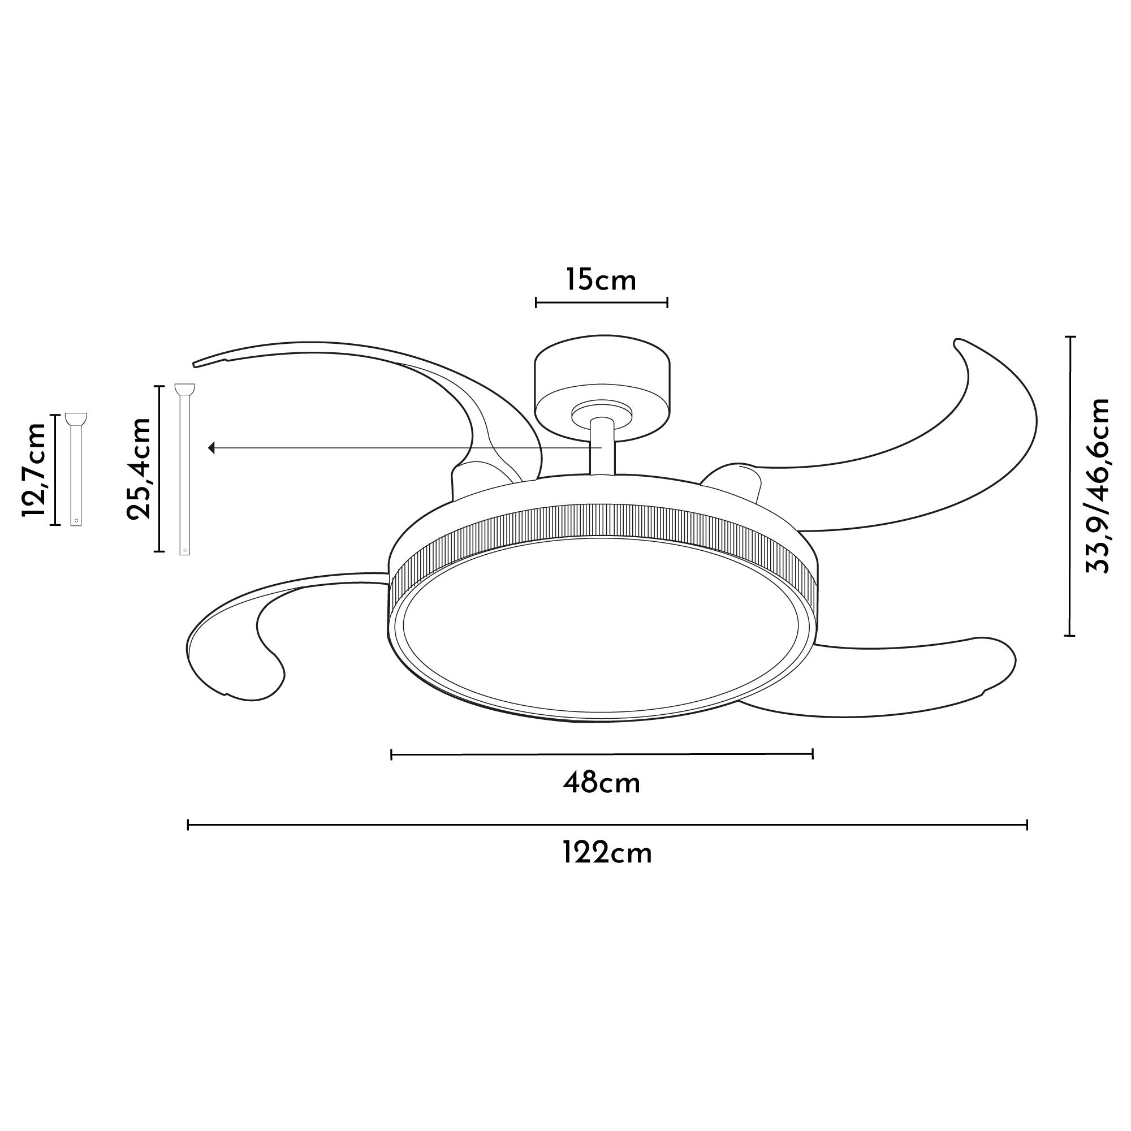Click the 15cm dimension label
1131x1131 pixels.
coord(601,280)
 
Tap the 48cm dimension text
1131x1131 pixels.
coord(601,783)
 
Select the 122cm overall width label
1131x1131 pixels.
coord(607,853)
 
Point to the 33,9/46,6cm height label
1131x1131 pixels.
coord(1097,485)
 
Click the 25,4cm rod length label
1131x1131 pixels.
coord(139,468)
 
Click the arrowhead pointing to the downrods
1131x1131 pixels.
coord(212,448)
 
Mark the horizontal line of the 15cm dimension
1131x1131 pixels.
coord(601,303)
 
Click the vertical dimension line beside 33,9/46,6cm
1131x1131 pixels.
coord(1070,486)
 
